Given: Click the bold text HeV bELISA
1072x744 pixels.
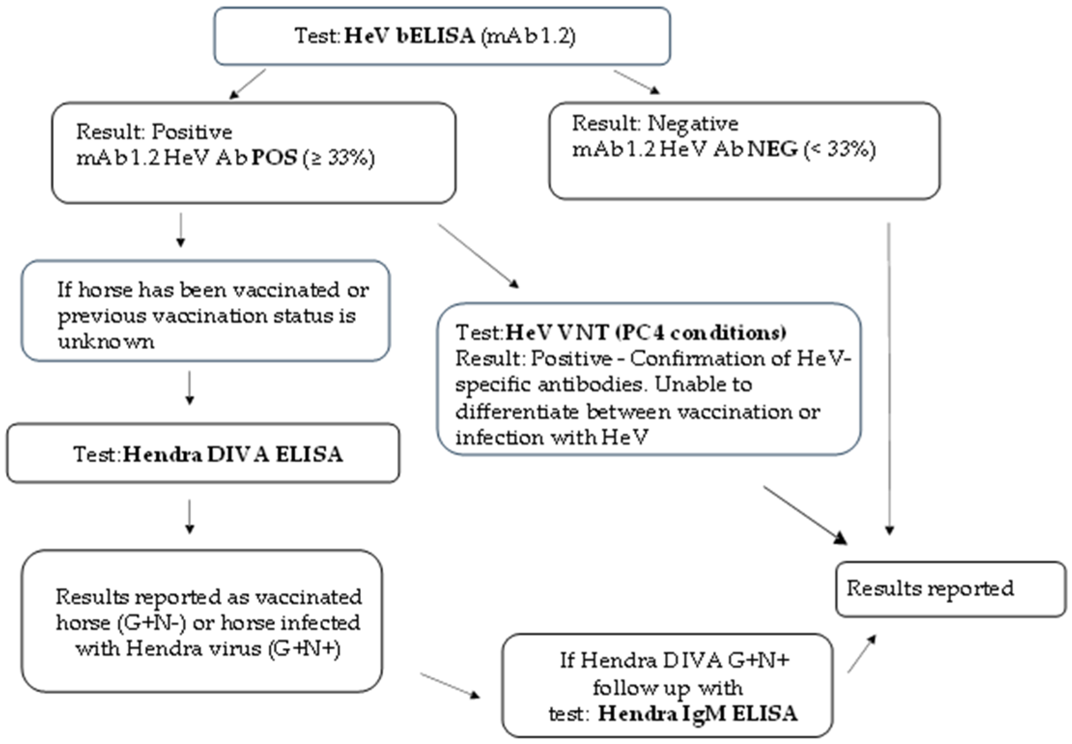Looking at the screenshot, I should [409, 36].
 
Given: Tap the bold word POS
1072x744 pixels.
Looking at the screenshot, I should [274, 158].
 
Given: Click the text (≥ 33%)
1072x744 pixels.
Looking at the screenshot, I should [338, 158].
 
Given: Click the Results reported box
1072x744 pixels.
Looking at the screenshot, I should [950, 589].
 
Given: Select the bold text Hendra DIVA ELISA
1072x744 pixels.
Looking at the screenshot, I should [233, 455].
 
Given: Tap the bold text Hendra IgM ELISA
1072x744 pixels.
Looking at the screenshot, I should [697, 713].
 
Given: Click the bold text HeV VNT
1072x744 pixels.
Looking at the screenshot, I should [557, 332].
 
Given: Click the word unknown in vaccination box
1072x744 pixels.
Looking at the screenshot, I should [106, 341].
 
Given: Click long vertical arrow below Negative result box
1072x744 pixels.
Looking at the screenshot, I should [889, 378].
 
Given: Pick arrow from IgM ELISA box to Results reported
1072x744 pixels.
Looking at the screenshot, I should [861, 654].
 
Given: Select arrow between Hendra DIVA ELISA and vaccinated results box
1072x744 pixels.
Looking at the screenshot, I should [189, 517].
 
